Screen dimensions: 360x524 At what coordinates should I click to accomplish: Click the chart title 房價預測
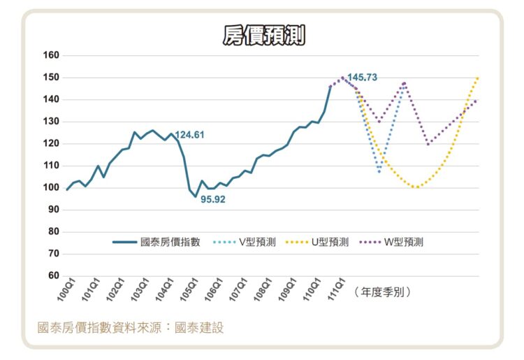[x=263, y=36]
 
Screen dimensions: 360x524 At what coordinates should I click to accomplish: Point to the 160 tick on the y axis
[x=51, y=55]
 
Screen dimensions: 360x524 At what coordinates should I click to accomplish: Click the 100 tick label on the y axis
[x=51, y=187]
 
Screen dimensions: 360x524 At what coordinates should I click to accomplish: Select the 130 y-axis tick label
[x=51, y=122]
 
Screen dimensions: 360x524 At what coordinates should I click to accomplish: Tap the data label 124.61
[x=189, y=135]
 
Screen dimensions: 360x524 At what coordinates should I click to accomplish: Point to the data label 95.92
[x=213, y=199]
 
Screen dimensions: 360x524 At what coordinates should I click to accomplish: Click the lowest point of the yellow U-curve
[x=416, y=187]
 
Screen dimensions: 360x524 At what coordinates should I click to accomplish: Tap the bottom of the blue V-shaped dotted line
[x=379, y=171]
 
